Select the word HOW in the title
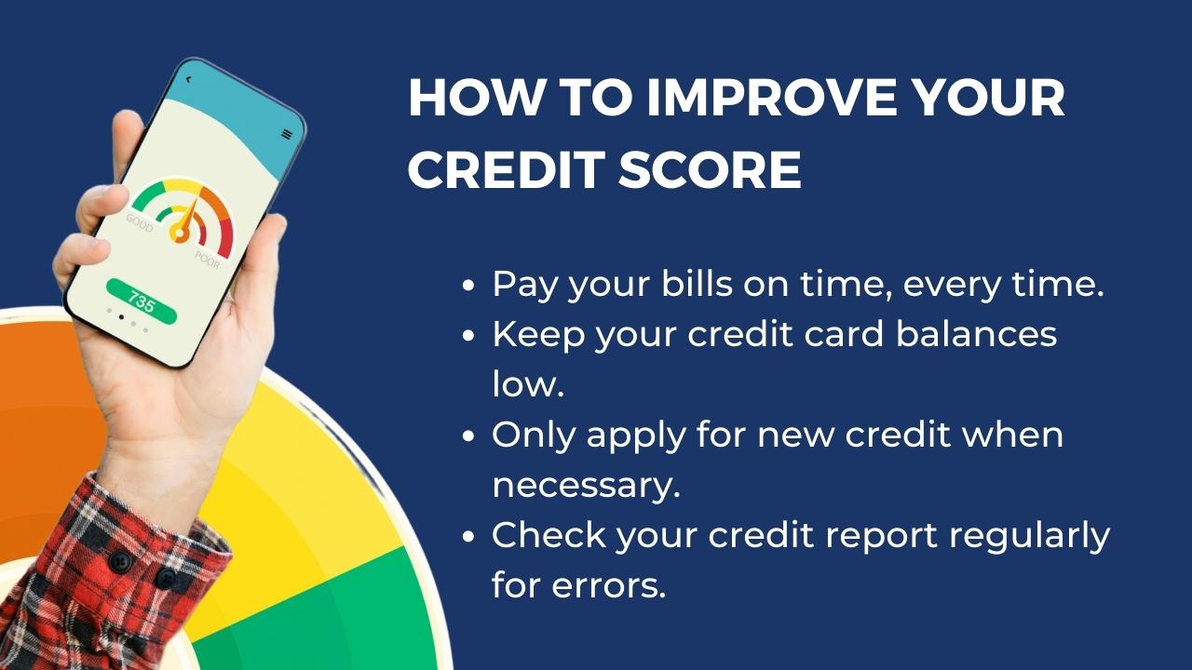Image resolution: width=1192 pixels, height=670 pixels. pyautogui.click(x=474, y=98)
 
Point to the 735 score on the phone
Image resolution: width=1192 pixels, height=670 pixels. pyautogui.click(x=141, y=301)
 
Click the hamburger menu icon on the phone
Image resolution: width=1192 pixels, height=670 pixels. pyautogui.click(x=287, y=134)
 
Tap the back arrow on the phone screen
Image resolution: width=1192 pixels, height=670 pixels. pyautogui.click(x=188, y=80)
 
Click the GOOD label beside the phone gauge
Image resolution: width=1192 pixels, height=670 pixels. pyautogui.click(x=140, y=222)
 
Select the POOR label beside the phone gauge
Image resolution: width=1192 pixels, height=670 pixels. pyautogui.click(x=207, y=259)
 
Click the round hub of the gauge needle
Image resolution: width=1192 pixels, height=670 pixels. pyautogui.click(x=180, y=233)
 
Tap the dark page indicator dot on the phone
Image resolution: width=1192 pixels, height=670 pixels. pyautogui.click(x=121, y=317)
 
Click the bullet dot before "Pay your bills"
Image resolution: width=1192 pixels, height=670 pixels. pyautogui.click(x=468, y=285)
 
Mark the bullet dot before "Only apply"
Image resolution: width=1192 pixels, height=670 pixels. pyautogui.click(x=468, y=436)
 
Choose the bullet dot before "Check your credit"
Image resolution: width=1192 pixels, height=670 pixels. pyautogui.click(x=468, y=536)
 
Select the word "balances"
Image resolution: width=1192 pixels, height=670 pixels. pyautogui.click(x=977, y=334)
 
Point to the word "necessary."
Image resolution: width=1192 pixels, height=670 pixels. pyautogui.click(x=586, y=486)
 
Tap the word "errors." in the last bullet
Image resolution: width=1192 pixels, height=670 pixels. pyautogui.click(x=609, y=585)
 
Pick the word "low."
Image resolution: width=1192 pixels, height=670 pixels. pyautogui.click(x=527, y=384)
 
